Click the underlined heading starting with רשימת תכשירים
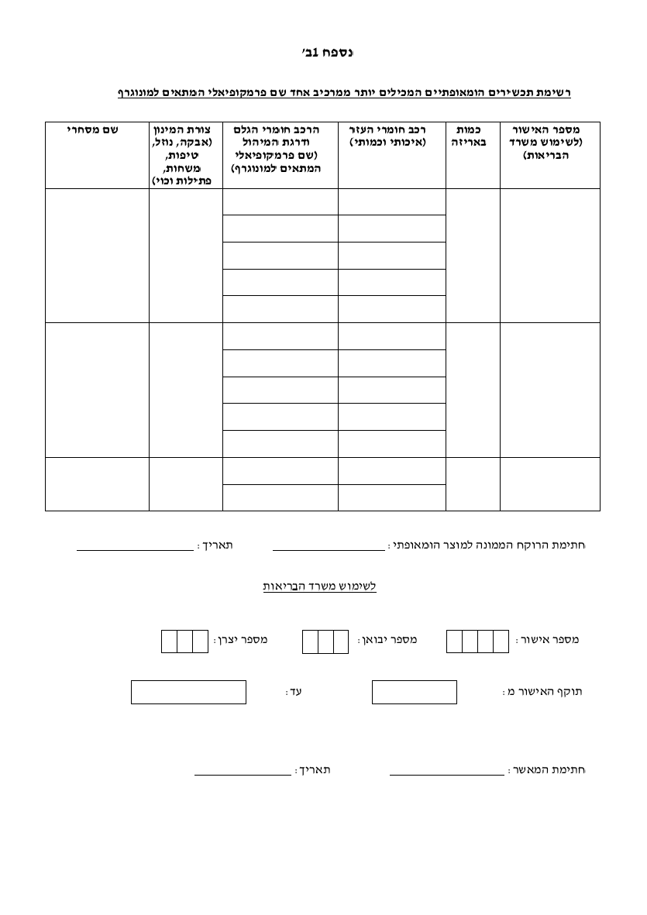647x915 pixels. click(344, 93)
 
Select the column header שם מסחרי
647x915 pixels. click(97, 131)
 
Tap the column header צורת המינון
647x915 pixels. click(186, 154)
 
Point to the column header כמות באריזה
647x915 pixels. click(473, 136)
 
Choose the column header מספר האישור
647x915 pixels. click(550, 143)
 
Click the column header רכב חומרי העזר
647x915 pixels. click(391, 136)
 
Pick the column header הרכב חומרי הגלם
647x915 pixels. click(280, 148)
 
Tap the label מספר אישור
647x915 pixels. click(547, 640)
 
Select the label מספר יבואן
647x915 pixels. click(387, 640)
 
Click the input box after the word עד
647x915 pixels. click(188, 692)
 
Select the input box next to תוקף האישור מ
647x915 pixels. click(414, 692)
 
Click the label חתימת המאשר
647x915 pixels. click(547, 770)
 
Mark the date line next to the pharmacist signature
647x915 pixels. click(135, 549)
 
